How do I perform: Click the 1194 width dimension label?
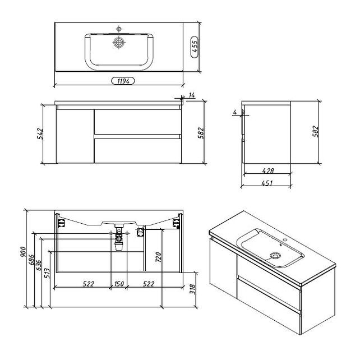pos(123,81)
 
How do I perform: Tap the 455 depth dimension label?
pos(195,47)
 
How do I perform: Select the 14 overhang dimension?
pos(192,95)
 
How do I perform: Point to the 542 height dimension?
pos(40,133)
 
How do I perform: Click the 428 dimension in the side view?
pos(267,170)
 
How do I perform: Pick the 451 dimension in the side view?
pos(267,183)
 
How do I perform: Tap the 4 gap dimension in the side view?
pos(234,112)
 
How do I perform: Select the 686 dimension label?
pos(31,260)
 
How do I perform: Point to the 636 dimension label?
pos(39,265)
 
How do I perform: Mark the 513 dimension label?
pos(47,273)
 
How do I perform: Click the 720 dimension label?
pos(159,257)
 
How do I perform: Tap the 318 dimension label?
pos(192,289)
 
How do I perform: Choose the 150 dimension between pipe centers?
pos(119,284)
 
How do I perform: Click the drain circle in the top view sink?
pos(119,43)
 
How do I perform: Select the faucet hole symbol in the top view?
pos(119,29)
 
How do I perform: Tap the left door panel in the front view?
pos(75,136)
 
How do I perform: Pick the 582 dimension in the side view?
pos(316,131)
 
